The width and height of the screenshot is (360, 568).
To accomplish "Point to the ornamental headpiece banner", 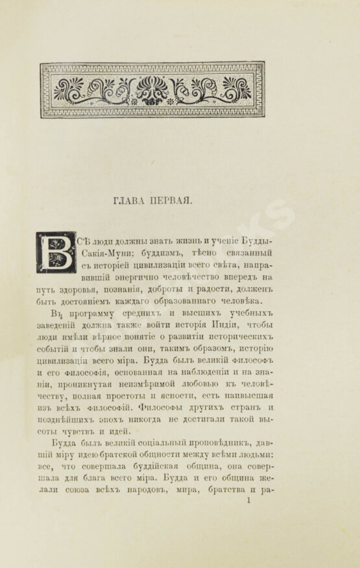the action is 152,89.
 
